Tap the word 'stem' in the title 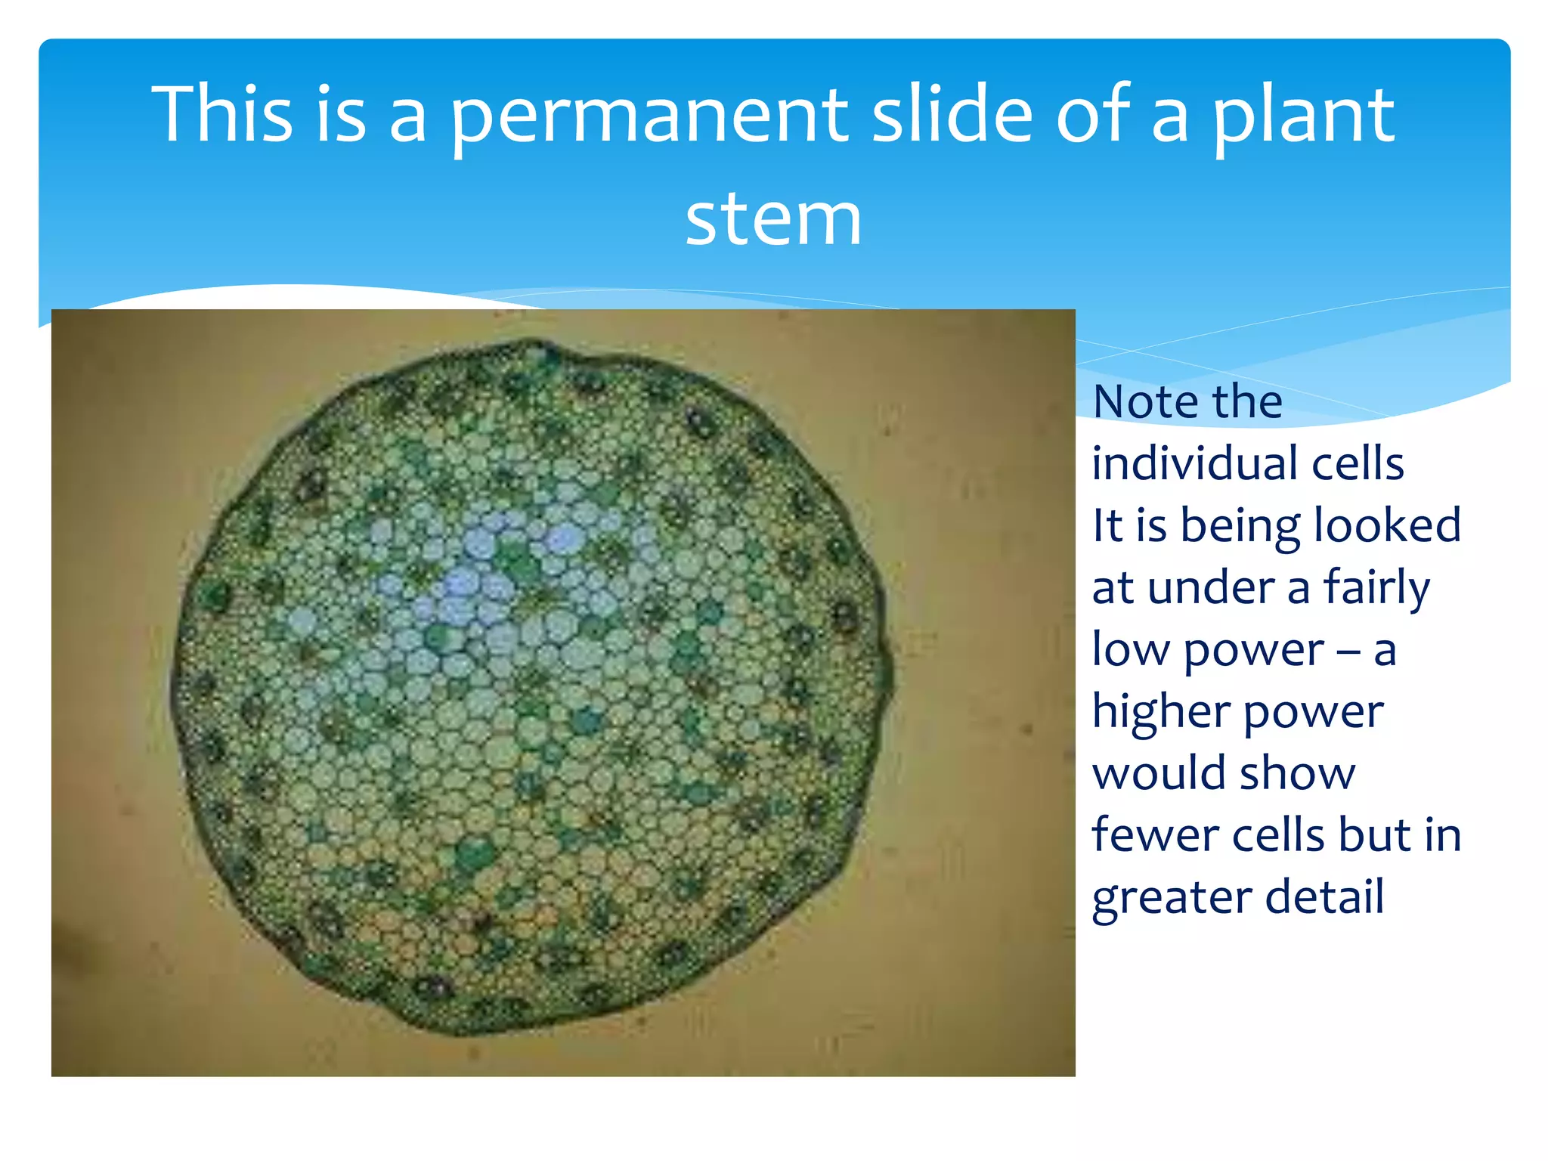pyautogui.click(x=773, y=219)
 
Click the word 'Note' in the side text pyautogui.click(x=1141, y=401)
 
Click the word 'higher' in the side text pyautogui.click(x=1156, y=713)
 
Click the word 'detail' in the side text pyautogui.click(x=1324, y=897)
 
